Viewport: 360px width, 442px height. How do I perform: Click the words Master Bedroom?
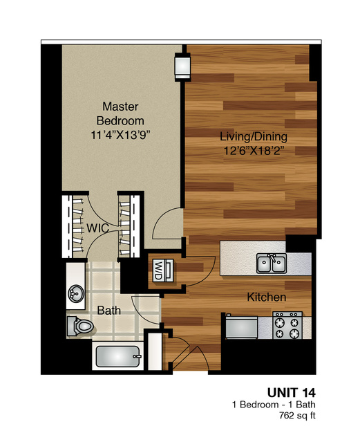tap(122, 113)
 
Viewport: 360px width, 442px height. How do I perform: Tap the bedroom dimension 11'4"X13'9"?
tap(122, 136)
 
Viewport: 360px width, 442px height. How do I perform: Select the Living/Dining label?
tap(254, 136)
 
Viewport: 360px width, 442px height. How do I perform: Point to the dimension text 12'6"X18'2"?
tap(254, 150)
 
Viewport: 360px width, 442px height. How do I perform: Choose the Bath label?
tap(108, 311)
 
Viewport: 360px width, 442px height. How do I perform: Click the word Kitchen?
tap(267, 297)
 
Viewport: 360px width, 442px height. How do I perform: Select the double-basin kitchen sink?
tap(272, 263)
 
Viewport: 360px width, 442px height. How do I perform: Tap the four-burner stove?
tap(287, 326)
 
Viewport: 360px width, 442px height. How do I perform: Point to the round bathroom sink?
tap(75, 295)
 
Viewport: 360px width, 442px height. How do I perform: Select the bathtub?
tap(118, 358)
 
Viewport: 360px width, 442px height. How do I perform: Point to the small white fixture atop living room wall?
tap(182, 66)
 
